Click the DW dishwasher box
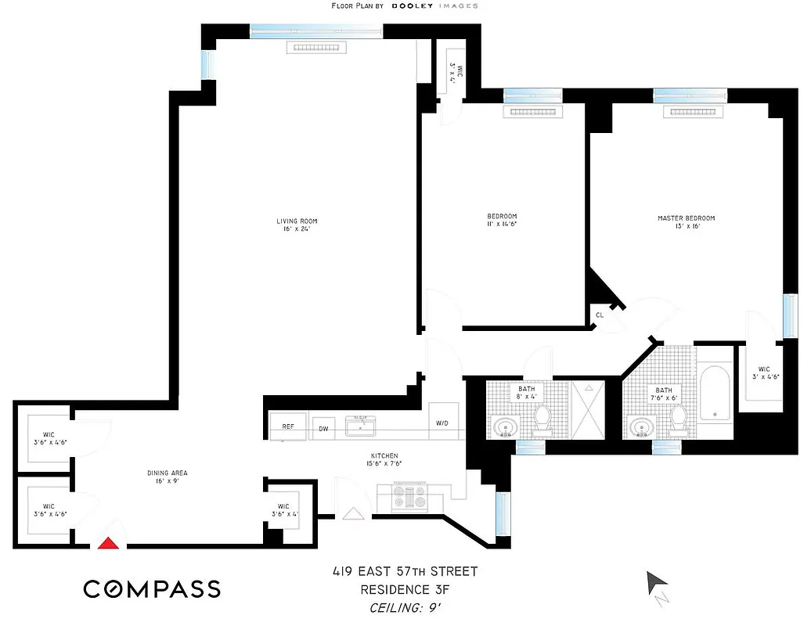[322, 428]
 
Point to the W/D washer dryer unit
[443, 423]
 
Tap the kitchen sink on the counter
[361, 424]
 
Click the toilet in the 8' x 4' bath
[541, 423]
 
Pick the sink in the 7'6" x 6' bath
[644, 427]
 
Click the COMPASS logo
[152, 588]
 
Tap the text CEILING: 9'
[403, 607]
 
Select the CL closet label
[600, 315]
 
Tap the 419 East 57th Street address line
[403, 572]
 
